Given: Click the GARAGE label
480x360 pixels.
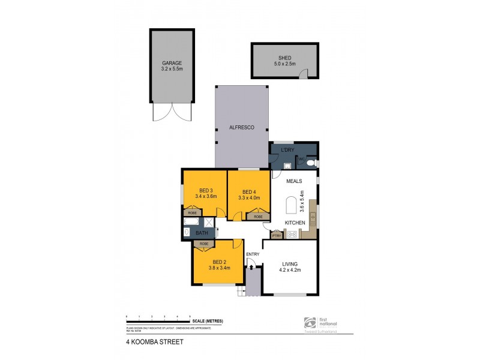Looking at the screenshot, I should tap(171, 63).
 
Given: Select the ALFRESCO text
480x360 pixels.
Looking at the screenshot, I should tap(241, 128).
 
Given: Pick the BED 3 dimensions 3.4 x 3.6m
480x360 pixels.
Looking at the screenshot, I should tap(205, 196).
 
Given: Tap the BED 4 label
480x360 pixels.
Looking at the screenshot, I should tap(249, 191).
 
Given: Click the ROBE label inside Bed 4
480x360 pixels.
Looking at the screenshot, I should tap(258, 217).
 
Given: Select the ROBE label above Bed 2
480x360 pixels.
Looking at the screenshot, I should tap(205, 244).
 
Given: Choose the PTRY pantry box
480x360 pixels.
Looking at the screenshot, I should tap(277, 235).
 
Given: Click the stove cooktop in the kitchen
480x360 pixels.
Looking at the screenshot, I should tap(292, 235).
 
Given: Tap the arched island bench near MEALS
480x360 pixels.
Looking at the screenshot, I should tap(292, 205).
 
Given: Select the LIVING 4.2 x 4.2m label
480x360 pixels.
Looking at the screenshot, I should tap(289, 266).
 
